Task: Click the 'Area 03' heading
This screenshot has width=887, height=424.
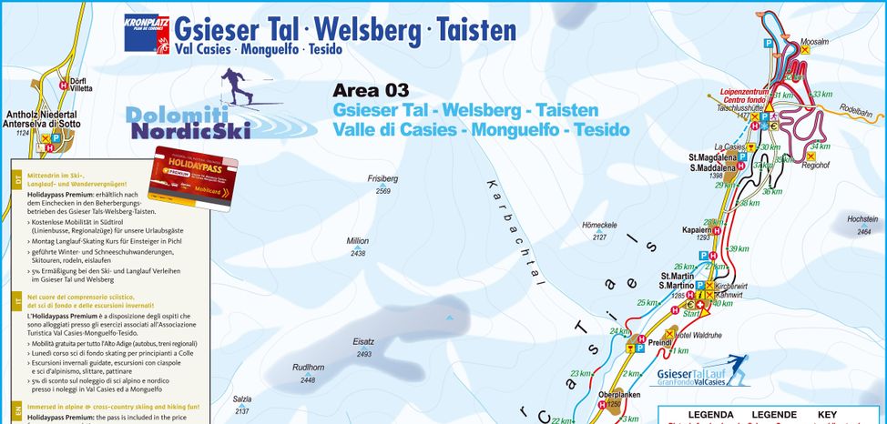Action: pyautogui.click(x=371, y=90)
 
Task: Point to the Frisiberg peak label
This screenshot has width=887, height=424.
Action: pyautogui.click(x=382, y=179)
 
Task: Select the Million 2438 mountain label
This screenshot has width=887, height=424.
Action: pyautogui.click(x=358, y=241)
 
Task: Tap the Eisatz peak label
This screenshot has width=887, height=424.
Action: pyautogui.click(x=364, y=342)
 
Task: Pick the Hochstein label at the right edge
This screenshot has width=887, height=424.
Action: pyautogui.click(x=862, y=219)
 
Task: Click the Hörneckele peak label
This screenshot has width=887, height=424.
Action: pyautogui.click(x=599, y=225)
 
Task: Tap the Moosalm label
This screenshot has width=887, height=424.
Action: pyautogui.click(x=814, y=42)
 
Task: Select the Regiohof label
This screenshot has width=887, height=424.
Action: pyautogui.click(x=817, y=165)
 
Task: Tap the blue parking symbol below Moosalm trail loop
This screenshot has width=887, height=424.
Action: pyautogui.click(x=768, y=43)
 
